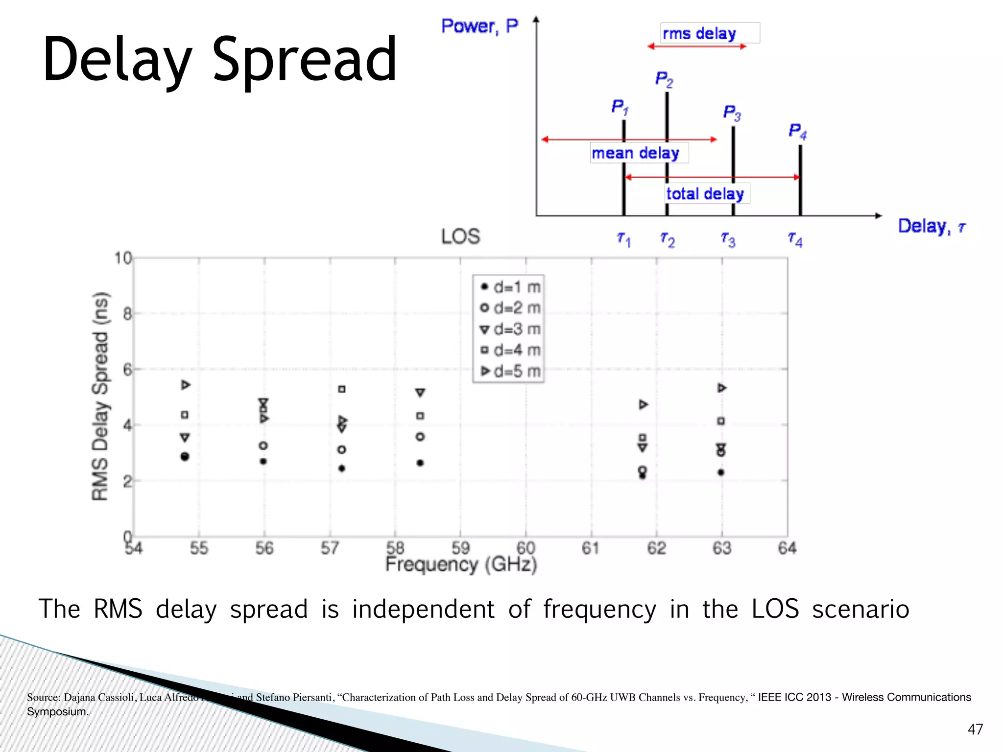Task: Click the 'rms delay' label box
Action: pyautogui.click(x=709, y=33)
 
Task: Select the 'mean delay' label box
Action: pyautogui.click(x=639, y=153)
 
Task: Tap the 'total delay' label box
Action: pyautogui.click(x=707, y=194)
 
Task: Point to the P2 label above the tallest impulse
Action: pyautogui.click(x=664, y=79)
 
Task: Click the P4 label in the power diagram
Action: pyautogui.click(x=797, y=131)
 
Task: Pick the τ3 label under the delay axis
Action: pyautogui.click(x=728, y=239)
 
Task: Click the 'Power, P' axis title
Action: pyautogui.click(x=479, y=26)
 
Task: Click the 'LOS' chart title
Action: pyautogui.click(x=460, y=236)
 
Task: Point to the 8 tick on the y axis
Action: pyautogui.click(x=127, y=313)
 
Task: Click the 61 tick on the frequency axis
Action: pyautogui.click(x=591, y=548)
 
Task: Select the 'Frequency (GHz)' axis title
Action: pyautogui.click(x=461, y=564)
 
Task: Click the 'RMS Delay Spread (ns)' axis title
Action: pyautogui.click(x=100, y=397)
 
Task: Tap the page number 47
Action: pyautogui.click(x=975, y=729)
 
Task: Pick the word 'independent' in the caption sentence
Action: pyautogui.click(x=423, y=610)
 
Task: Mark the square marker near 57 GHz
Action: pyautogui.click(x=342, y=389)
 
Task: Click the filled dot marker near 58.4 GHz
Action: pyautogui.click(x=420, y=463)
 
